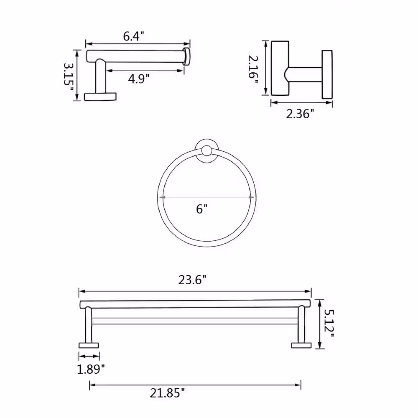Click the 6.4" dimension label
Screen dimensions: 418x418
134,36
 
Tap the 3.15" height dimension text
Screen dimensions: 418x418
68,77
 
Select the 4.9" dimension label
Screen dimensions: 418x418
139,79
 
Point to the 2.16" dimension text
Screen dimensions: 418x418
253,69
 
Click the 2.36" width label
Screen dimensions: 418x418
300,114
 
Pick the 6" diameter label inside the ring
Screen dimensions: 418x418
202,209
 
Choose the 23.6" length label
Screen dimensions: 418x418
192,280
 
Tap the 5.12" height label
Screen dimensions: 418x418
329,324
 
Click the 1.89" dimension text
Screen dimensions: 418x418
91,369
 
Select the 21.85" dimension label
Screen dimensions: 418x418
167,393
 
